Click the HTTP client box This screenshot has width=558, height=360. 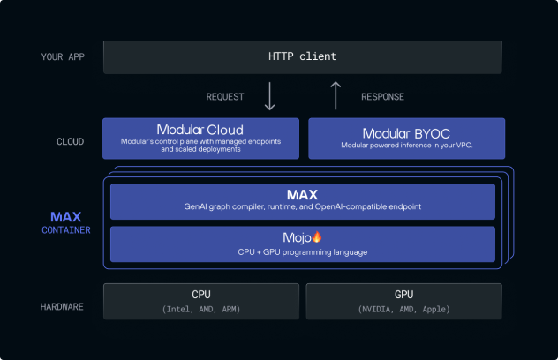(303, 57)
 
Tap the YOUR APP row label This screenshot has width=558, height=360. (63, 57)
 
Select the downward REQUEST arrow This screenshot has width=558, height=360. (270, 96)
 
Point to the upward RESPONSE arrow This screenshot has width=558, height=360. (336, 95)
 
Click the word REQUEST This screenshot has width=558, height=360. (225, 97)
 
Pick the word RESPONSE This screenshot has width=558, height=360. (382, 97)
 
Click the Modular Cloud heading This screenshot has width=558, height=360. (200, 130)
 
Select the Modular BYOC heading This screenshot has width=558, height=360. (406, 134)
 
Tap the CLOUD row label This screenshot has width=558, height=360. (70, 141)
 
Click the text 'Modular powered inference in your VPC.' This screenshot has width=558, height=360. (407, 145)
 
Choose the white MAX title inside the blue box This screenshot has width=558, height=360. (303, 195)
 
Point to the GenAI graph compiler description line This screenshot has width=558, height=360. (303, 206)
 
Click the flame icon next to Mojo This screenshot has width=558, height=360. (316, 236)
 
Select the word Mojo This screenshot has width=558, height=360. (297, 237)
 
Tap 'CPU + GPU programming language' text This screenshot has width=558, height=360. (303, 252)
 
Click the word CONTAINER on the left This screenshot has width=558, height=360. (66, 230)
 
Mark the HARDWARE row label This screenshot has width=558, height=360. (62, 307)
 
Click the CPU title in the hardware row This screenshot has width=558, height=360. (201, 295)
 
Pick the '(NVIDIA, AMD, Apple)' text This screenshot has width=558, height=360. (403, 309)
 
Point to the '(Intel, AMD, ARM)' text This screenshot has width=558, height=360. (201, 309)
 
